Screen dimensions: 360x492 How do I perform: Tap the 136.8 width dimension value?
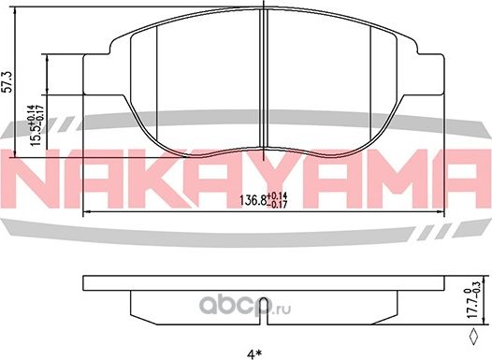[253, 200]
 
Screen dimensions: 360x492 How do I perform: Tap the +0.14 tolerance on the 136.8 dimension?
[280, 195]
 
